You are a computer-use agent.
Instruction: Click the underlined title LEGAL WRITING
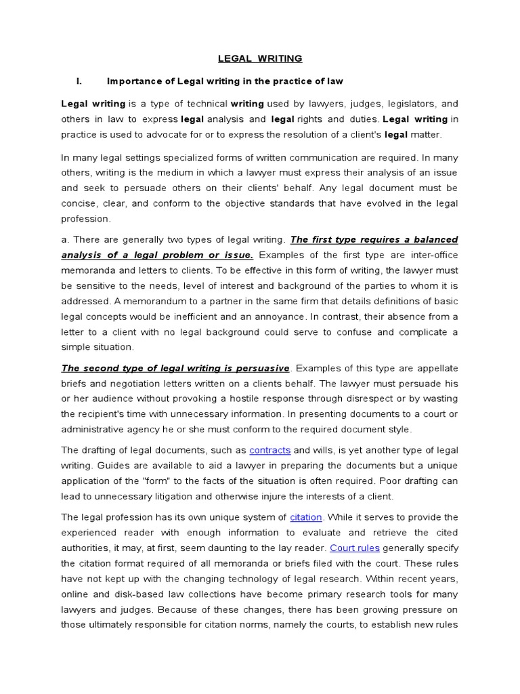[x=259, y=59]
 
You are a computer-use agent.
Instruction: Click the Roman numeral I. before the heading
[x=79, y=81]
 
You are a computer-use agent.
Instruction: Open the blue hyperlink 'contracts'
[x=269, y=450]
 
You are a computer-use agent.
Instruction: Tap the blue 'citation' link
[x=305, y=517]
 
